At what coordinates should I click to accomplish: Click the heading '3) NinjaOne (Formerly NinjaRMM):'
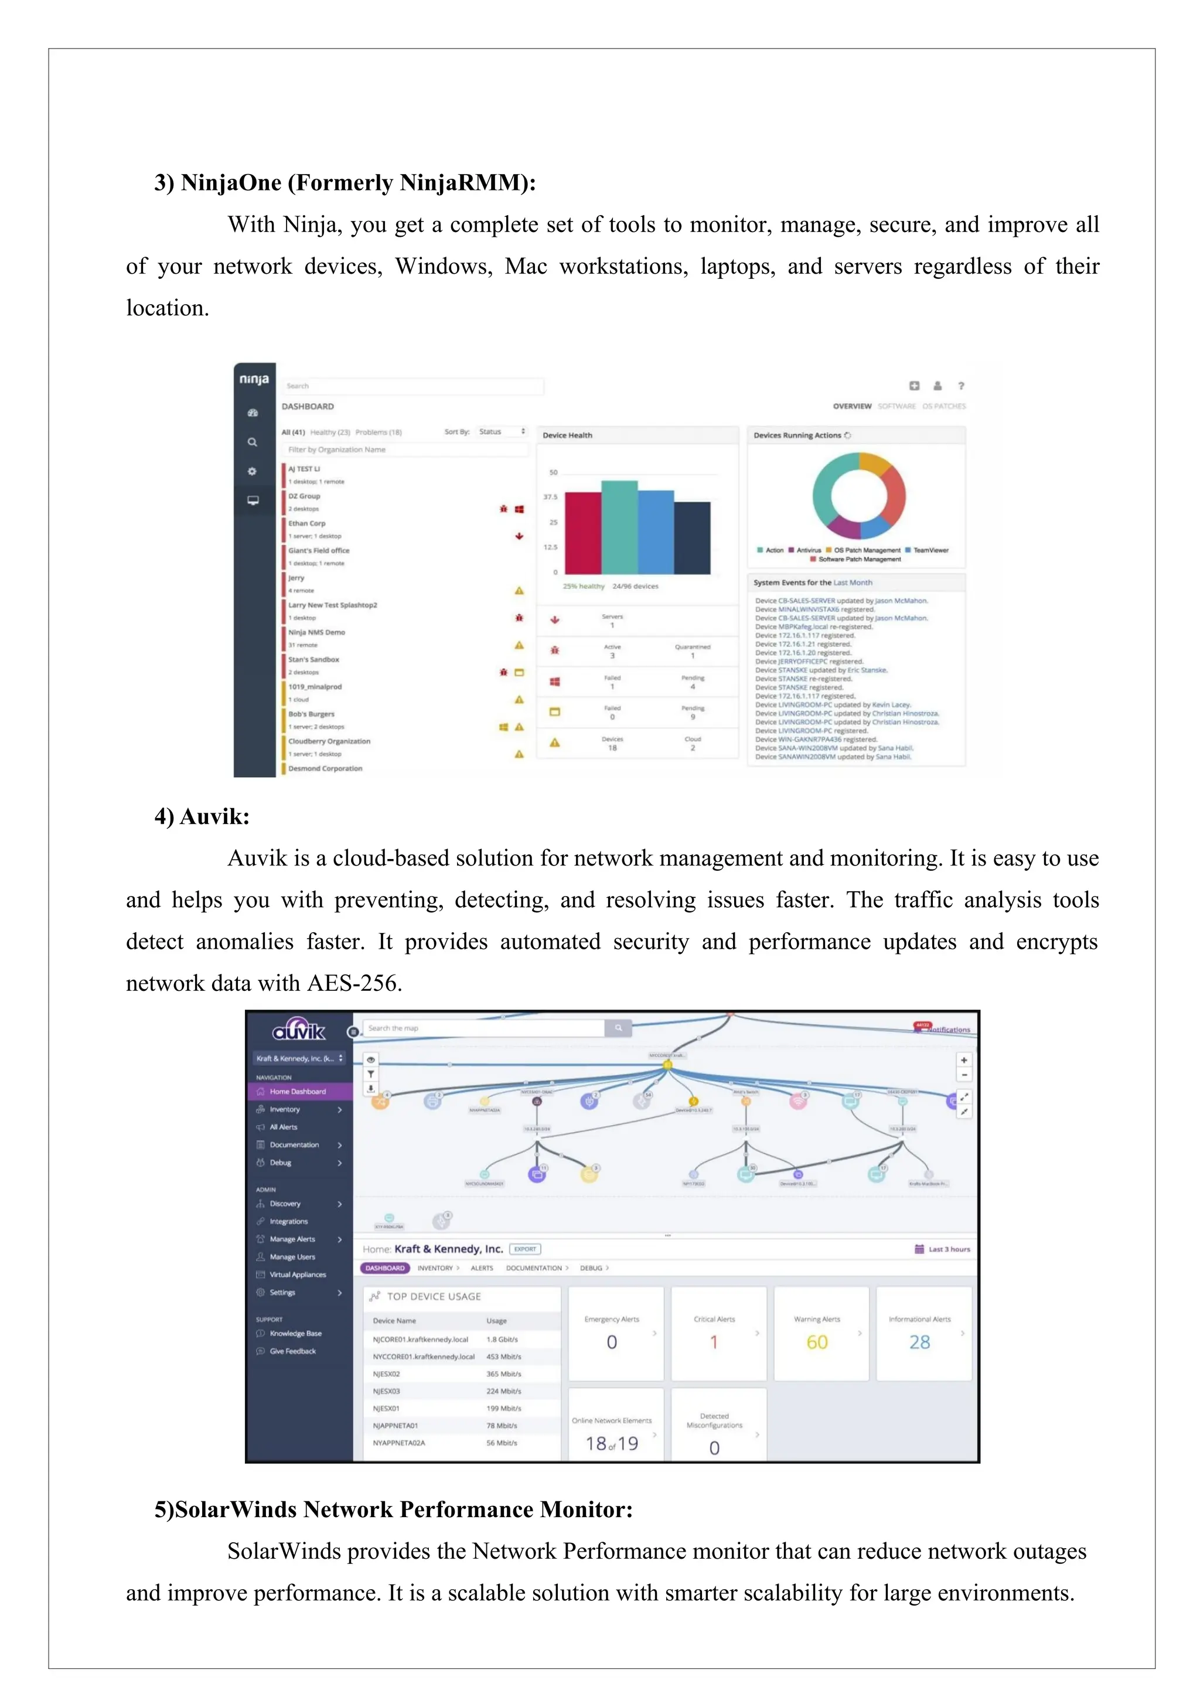coord(345,183)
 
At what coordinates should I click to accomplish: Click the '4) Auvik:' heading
coord(202,816)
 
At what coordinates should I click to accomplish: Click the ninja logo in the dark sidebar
coord(254,379)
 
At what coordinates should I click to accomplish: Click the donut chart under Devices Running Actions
coord(858,495)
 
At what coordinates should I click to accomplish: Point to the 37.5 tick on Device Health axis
coord(551,497)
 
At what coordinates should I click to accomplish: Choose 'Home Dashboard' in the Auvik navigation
coord(297,1092)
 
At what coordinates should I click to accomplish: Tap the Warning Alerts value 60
coord(816,1342)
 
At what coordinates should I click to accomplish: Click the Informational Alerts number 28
coord(919,1342)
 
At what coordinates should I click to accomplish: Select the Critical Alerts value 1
coord(714,1342)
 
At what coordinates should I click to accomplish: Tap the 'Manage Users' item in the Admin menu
coord(292,1256)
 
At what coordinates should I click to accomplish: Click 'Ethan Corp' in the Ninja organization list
coord(306,523)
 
